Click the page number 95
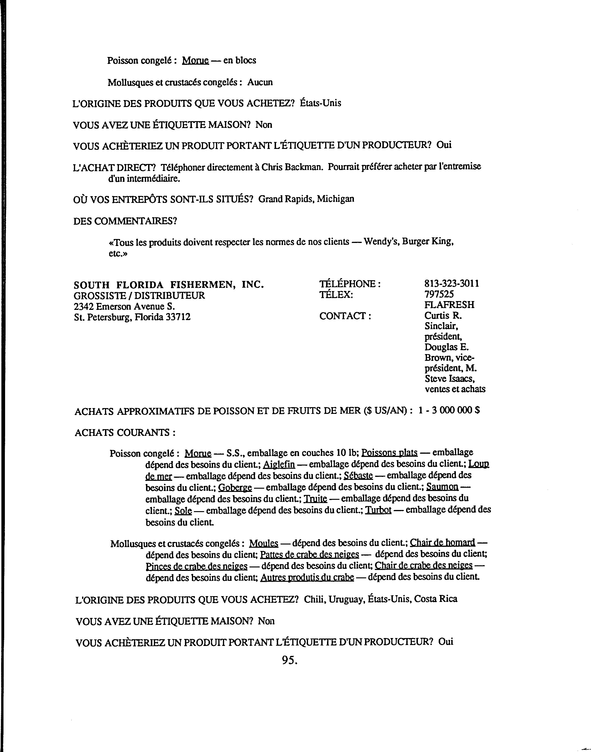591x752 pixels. click(x=290, y=660)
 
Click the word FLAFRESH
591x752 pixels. click(x=449, y=305)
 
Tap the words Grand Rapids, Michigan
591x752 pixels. click(x=306, y=199)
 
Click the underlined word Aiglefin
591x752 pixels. click(x=279, y=464)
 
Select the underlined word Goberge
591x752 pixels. click(x=235, y=488)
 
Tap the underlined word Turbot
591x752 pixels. click(x=378, y=510)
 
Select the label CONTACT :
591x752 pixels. click(x=345, y=316)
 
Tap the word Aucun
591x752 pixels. click(x=260, y=82)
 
